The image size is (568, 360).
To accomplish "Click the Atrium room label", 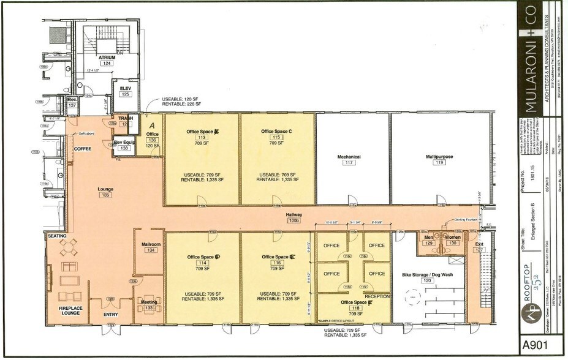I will (107, 58).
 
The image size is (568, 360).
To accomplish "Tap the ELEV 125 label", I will (126, 91).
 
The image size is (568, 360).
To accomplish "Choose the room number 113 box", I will (202, 138).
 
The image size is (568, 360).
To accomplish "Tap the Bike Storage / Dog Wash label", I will (426, 275).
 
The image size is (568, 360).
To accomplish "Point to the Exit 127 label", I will (479, 246).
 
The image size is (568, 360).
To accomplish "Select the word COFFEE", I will (83, 149).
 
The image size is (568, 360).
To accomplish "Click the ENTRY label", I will (110, 315).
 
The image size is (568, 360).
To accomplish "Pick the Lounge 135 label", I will (106, 192).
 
